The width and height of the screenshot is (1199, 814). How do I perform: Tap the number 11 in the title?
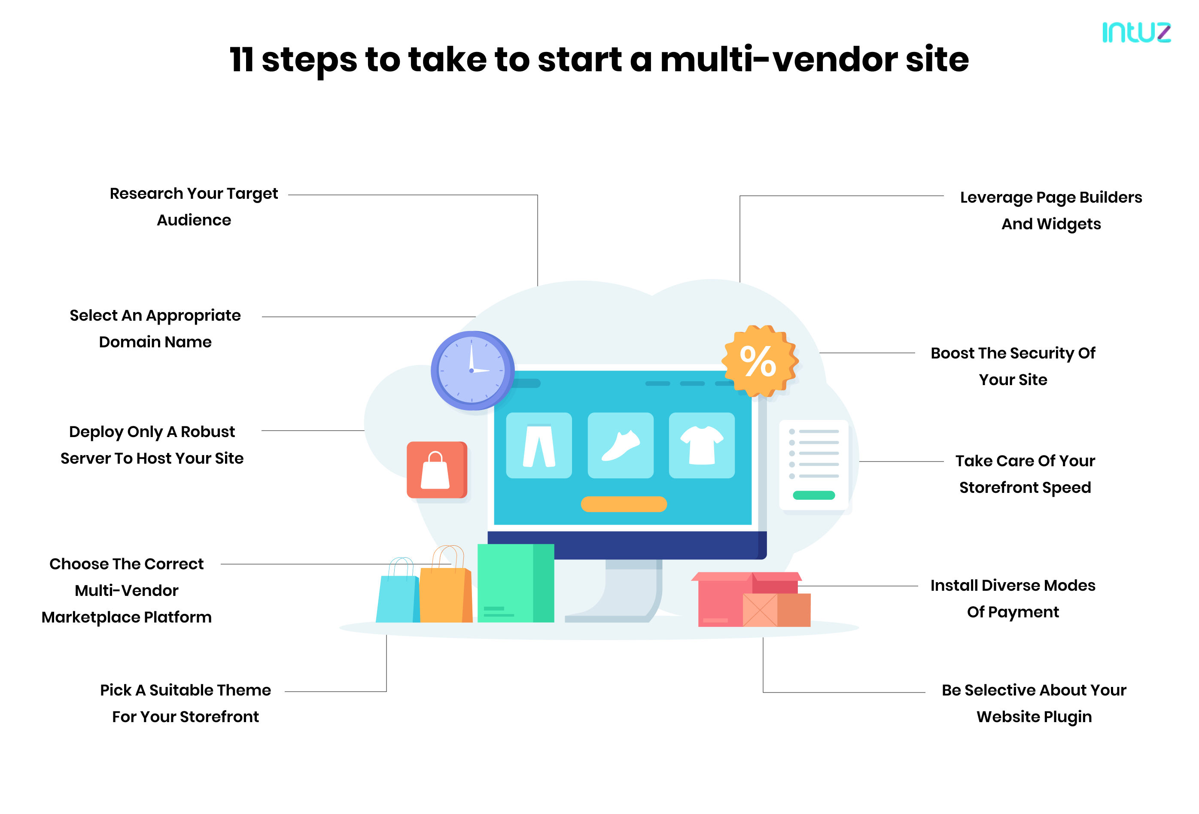click(x=241, y=59)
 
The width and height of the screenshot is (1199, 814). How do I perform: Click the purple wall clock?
click(x=472, y=371)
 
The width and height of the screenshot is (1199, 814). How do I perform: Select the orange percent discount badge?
click(x=759, y=361)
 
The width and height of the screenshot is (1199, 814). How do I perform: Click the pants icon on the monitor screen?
click(x=539, y=445)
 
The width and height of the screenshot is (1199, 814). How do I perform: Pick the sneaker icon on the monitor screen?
click(x=620, y=445)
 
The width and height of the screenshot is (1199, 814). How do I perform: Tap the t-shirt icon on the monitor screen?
click(x=701, y=445)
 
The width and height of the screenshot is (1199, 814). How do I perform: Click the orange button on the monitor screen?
click(x=623, y=504)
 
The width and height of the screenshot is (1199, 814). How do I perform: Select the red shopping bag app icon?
click(x=436, y=469)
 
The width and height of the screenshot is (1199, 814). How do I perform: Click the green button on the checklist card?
click(x=814, y=495)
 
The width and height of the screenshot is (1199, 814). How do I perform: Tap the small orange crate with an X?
click(x=760, y=610)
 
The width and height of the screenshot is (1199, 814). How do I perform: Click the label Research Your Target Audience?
click(x=194, y=207)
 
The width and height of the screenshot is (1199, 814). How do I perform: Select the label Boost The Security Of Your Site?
click(x=1012, y=366)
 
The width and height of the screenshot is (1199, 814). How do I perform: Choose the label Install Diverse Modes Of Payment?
click(x=1012, y=598)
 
